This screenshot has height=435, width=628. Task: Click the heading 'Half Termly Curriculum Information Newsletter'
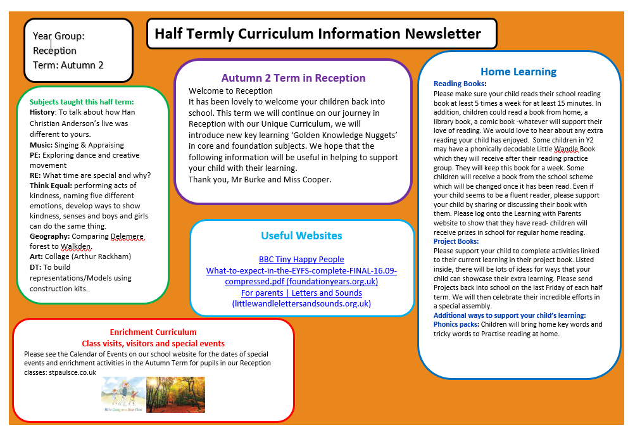318,34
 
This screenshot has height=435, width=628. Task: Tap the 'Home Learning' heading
518,72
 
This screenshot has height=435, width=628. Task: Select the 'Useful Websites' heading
301,236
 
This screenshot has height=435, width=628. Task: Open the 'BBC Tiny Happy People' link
301,259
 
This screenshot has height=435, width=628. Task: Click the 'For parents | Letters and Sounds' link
301,293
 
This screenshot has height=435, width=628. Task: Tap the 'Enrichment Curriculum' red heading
153,332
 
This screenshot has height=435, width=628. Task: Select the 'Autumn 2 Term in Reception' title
293,78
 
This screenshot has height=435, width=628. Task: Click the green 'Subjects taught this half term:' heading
82,101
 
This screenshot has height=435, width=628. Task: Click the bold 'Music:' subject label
41,145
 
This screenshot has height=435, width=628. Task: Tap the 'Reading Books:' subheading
460,84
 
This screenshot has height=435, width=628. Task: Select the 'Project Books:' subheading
456,241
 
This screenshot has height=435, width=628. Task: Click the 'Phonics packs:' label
456,324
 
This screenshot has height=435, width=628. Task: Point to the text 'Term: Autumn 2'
68,65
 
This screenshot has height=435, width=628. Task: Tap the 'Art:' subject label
37,256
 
